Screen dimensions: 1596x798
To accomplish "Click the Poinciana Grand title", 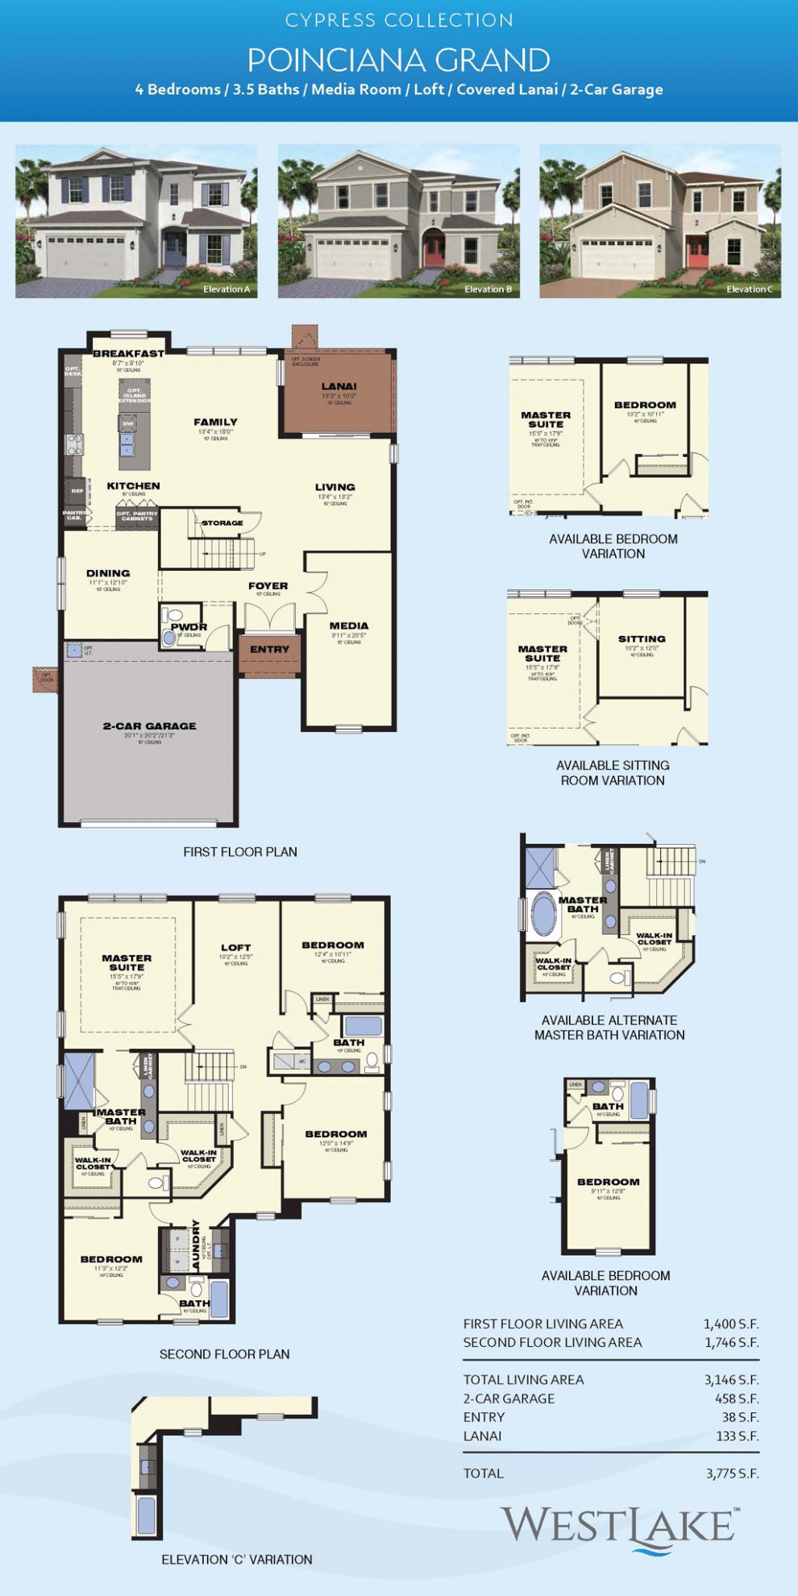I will coord(399,60).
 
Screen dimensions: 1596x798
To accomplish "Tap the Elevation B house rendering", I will coord(399,222).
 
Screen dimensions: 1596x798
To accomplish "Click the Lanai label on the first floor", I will coord(339,387).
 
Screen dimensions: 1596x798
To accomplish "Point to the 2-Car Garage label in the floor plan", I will coord(149,725).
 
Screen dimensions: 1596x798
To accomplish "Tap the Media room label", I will coord(349,626).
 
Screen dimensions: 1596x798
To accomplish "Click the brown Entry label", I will coord(269,650).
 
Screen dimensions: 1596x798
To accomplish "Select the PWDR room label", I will coord(189,627).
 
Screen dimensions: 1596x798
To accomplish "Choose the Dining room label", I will coord(108,574).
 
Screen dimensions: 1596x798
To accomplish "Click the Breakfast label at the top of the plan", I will coord(128,353).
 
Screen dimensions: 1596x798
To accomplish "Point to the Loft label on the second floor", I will coord(235,948).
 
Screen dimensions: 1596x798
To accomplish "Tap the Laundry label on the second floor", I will coord(196,1246).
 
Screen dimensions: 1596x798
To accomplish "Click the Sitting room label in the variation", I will coord(642,638).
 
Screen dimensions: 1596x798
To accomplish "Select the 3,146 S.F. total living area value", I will coord(731,1379).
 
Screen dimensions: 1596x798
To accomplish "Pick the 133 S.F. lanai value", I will coord(737,1436).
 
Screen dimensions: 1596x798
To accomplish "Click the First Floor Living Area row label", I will coord(542,1324).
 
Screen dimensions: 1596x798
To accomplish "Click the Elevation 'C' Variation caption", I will coord(236,1560).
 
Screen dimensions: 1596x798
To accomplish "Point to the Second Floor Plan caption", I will coord(224,1354).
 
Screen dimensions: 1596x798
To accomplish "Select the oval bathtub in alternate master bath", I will coord(542,917).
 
